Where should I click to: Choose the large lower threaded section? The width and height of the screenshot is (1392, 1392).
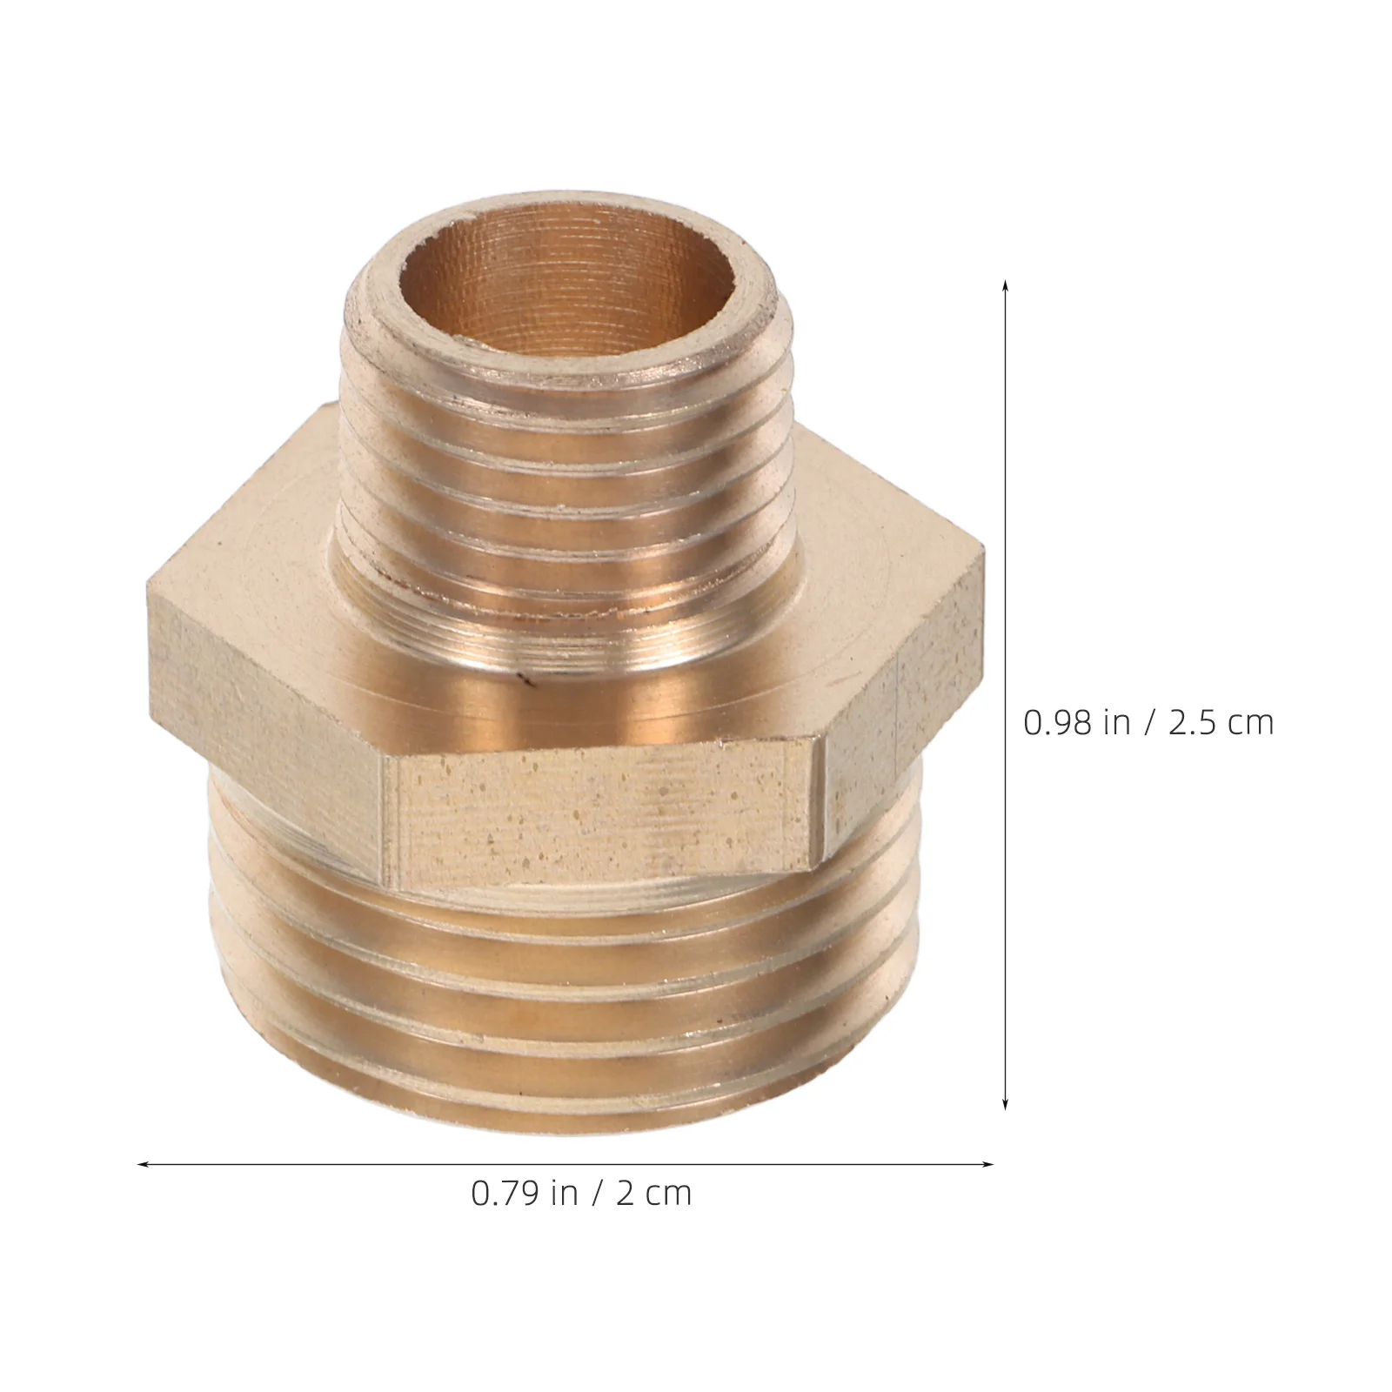coord(561,1000)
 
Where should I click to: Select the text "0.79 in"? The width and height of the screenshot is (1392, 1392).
coord(525,1193)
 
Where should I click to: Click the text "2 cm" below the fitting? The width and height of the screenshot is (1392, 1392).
coord(653,1193)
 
